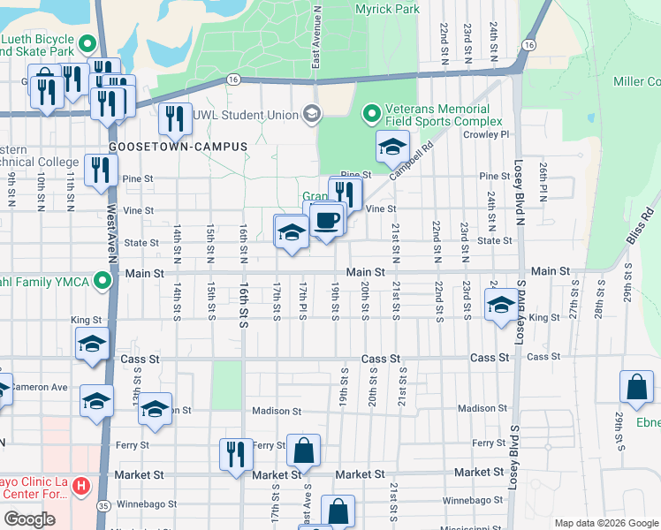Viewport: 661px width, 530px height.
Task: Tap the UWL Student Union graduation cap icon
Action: coord(311,113)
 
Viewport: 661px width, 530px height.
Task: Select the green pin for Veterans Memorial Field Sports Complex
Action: coord(372,115)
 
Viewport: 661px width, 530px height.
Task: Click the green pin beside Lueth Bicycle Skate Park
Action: coord(87,43)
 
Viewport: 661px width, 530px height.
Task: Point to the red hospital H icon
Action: coord(80,485)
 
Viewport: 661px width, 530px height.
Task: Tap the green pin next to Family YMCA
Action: coord(103,282)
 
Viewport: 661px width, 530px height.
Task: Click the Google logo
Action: coord(29,519)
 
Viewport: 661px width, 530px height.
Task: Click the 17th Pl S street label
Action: coord(302,303)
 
